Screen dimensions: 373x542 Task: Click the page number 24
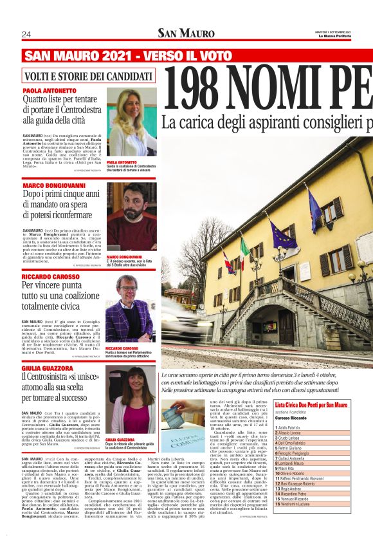pos(26,34)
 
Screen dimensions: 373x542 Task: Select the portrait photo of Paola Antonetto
pos(131,122)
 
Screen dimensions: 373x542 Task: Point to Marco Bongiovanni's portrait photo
pos(131,216)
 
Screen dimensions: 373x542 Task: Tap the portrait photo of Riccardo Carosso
pos(131,309)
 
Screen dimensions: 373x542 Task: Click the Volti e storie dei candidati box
pos(83,76)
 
